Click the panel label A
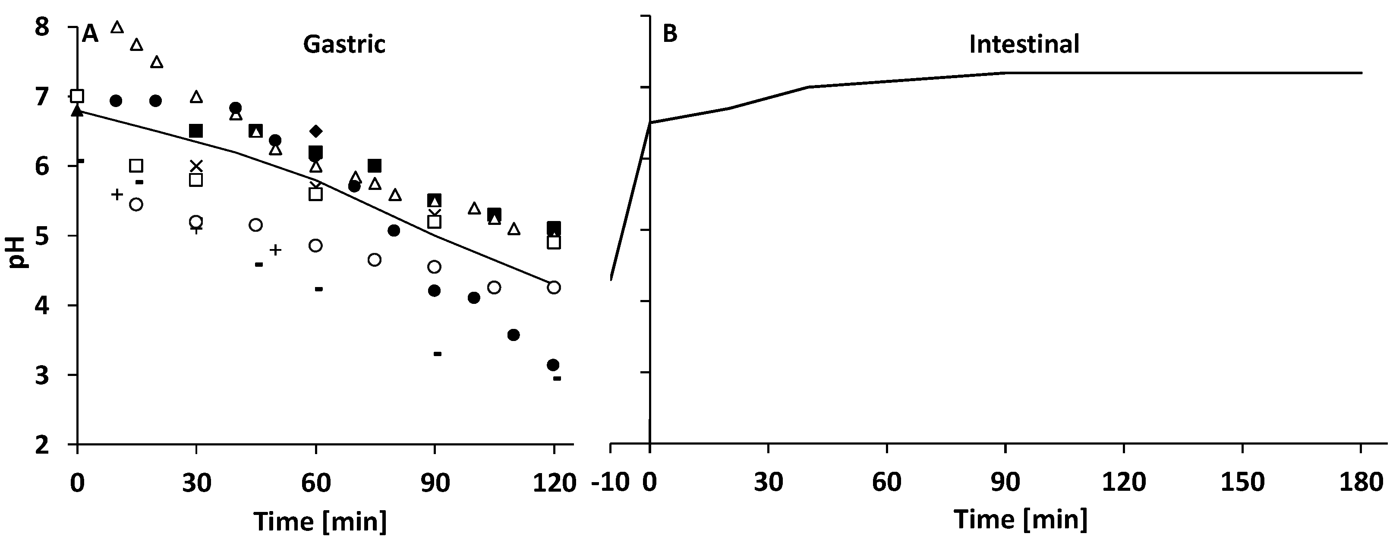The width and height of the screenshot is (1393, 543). pyautogui.click(x=90, y=35)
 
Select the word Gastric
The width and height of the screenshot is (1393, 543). pyautogui.click(x=344, y=44)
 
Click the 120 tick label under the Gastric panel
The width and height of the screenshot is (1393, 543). pyautogui.click(x=554, y=483)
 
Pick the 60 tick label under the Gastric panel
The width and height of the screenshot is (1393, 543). pyautogui.click(x=316, y=483)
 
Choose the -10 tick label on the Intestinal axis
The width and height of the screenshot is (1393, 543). pyautogui.click(x=611, y=483)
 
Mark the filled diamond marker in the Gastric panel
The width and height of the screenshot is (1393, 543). pyautogui.click(x=316, y=131)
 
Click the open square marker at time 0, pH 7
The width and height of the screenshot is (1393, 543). pyautogui.click(x=77, y=96)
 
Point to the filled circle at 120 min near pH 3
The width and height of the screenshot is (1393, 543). pyautogui.click(x=553, y=365)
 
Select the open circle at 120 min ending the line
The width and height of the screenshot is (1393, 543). pyautogui.click(x=554, y=287)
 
